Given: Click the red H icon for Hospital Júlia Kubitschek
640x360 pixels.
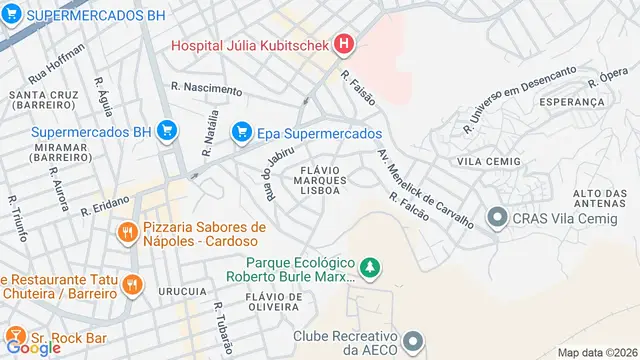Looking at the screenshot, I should (x=344, y=44).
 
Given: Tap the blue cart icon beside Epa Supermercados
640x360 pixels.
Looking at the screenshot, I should (x=241, y=132).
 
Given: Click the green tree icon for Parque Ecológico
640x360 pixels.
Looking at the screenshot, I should (x=371, y=267).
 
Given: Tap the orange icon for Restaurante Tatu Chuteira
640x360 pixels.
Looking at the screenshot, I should (x=131, y=285).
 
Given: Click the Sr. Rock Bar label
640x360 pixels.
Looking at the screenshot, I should (x=70, y=337).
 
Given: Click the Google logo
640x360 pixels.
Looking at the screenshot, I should (x=33, y=347).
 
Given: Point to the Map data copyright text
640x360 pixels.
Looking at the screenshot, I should (x=597, y=352).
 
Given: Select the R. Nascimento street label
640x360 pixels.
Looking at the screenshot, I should (x=206, y=89).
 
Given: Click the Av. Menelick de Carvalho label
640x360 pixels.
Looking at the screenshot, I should (x=424, y=187).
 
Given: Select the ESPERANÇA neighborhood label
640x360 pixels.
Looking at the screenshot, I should (x=571, y=102).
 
